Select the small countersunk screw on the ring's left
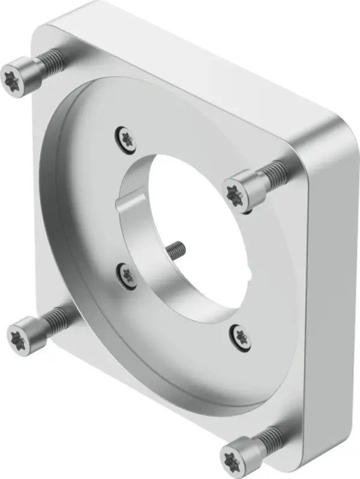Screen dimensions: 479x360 click(x=127, y=274)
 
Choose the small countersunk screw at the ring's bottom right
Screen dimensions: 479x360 click(x=239, y=335)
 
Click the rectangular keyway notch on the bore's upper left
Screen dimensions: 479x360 click(x=131, y=201)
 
